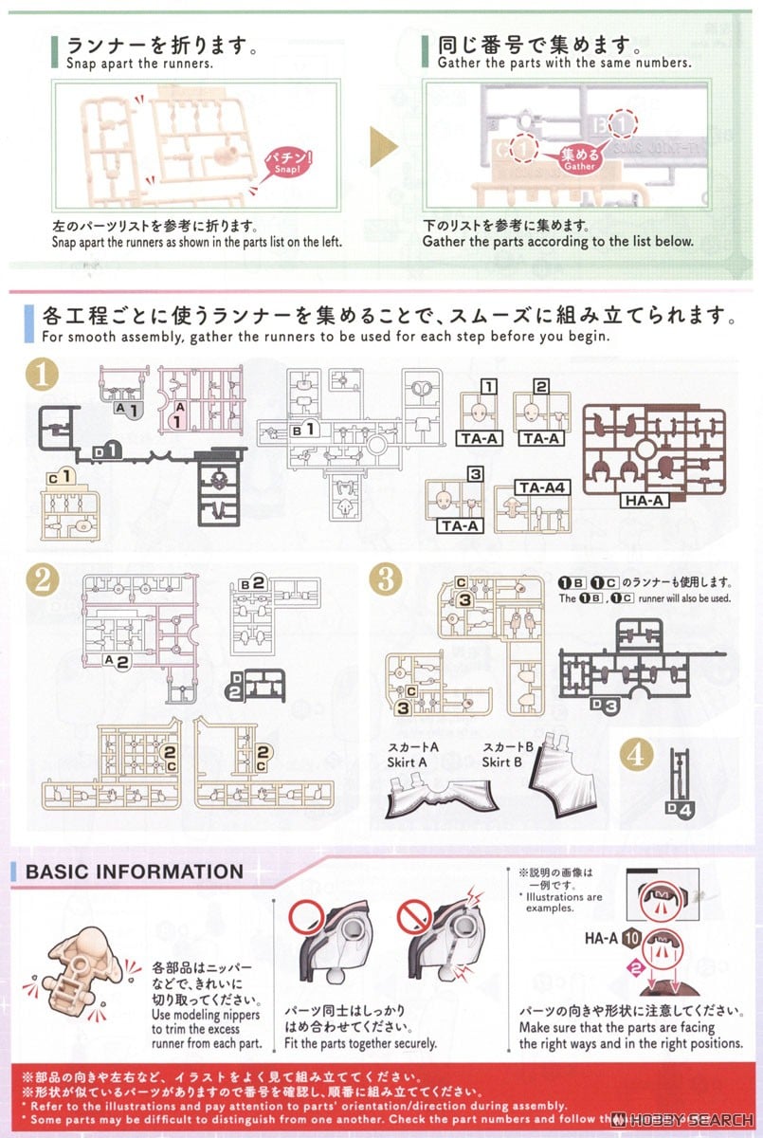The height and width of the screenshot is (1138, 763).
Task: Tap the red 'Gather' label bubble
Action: click(579, 157)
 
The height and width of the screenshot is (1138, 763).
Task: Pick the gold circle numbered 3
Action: click(385, 580)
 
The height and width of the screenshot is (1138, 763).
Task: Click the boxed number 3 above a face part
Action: click(475, 472)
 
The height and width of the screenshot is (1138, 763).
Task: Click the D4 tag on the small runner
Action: click(681, 809)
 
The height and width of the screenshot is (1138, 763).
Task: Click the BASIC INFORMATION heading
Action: click(134, 872)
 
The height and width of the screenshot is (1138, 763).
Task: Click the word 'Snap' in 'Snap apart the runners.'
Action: click(81, 64)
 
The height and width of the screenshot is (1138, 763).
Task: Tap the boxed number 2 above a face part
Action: click(541, 386)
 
